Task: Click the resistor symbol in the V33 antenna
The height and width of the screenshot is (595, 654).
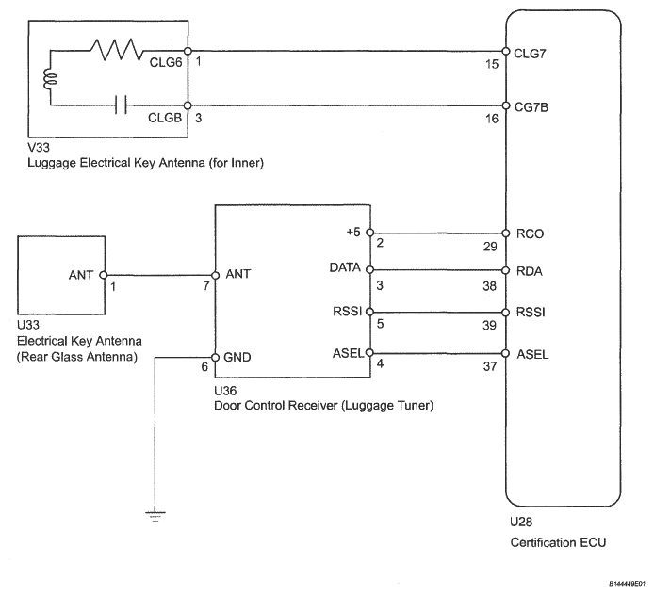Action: (x=117, y=50)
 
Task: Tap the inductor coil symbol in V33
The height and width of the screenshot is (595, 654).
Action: (x=50, y=80)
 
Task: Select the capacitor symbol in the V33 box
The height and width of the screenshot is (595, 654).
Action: (x=121, y=105)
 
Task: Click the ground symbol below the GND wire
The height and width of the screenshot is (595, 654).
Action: (x=155, y=517)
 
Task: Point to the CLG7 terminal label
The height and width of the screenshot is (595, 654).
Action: (x=530, y=54)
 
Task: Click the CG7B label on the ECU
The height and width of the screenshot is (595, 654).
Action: (x=531, y=107)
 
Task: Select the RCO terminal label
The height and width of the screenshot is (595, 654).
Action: (x=530, y=233)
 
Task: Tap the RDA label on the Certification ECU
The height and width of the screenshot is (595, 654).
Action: (x=530, y=271)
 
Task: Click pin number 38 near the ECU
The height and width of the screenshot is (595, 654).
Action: (x=490, y=286)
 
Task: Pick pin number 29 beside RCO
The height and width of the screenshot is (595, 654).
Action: (x=490, y=247)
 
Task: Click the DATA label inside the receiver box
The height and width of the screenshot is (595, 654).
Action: (x=345, y=267)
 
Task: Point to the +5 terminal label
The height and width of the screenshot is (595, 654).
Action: (x=353, y=232)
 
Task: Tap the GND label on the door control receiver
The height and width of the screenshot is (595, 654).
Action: (x=237, y=358)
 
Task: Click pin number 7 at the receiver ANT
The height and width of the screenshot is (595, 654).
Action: (x=206, y=286)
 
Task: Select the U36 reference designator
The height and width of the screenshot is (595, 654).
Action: (x=225, y=391)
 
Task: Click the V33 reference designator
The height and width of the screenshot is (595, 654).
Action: (x=39, y=148)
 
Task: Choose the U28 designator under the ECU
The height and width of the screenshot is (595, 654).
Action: (x=521, y=522)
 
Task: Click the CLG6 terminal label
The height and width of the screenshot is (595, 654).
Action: (x=166, y=62)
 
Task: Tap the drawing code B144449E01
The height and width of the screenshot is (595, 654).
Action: (x=627, y=584)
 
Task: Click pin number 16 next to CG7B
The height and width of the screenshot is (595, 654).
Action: (x=492, y=120)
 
